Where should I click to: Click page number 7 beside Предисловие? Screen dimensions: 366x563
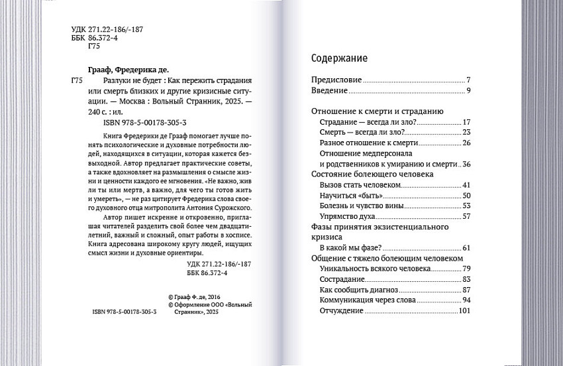tap(468, 80)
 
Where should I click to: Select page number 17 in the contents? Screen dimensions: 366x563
tap(466, 122)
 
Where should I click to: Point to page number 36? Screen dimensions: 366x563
tap(466, 164)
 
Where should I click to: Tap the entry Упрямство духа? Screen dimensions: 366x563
tap(348, 216)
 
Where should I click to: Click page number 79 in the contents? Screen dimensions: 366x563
tap(466, 269)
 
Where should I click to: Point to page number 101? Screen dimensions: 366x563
tap(464, 311)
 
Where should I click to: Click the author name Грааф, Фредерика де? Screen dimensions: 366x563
tap(128, 70)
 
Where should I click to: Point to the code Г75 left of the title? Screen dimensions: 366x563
tap(76, 80)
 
